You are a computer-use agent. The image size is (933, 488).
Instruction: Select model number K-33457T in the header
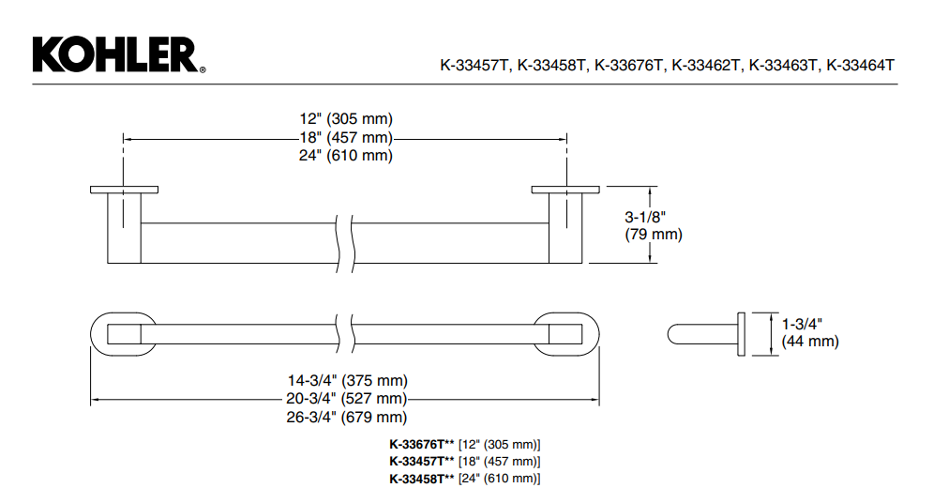pos(474,65)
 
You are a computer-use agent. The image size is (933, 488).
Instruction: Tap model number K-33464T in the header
pos(861,65)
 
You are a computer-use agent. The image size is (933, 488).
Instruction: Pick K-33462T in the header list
pos(706,65)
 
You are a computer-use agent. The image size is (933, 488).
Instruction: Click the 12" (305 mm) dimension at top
pos(346,119)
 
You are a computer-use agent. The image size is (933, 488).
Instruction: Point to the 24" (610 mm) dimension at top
pos(346,156)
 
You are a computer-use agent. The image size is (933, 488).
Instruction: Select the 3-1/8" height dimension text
pos(645,217)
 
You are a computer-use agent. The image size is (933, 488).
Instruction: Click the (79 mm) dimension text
pos(654,235)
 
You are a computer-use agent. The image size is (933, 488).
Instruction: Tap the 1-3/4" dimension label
pos(802,324)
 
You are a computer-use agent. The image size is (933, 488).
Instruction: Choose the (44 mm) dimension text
pos(810,342)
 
